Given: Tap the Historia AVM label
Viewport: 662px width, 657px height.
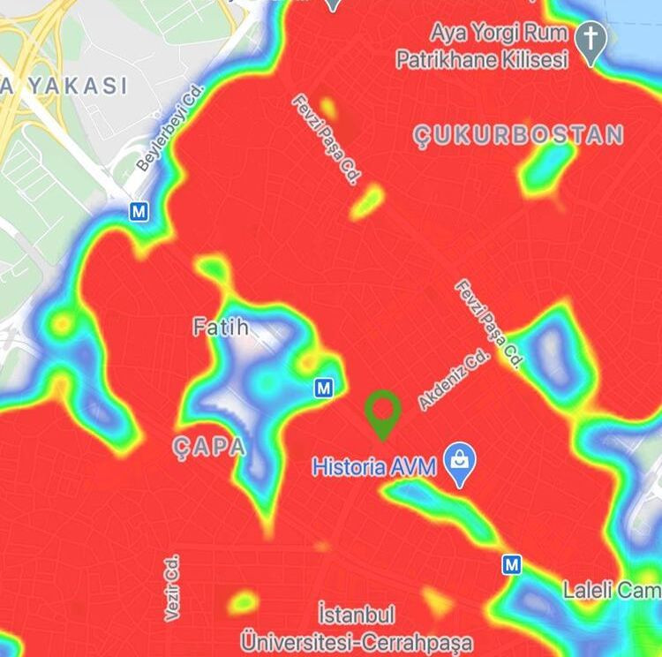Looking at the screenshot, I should point(374,466).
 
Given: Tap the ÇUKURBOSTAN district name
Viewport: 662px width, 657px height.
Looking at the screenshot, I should point(519,135).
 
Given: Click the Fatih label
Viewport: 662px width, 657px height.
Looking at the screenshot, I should point(221,328).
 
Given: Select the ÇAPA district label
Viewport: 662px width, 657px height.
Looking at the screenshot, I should point(209,447).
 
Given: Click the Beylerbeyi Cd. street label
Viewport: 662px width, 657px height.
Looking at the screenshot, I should point(170,129).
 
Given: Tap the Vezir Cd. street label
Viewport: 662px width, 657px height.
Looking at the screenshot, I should point(172,587).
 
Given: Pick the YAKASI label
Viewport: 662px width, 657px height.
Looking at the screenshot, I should point(74,86).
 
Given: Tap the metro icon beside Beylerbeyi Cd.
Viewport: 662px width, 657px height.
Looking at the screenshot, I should point(138,211).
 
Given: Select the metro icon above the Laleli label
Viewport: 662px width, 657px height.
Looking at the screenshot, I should point(512,563).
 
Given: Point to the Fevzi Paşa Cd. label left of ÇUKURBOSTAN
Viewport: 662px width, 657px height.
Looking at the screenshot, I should point(326,140).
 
